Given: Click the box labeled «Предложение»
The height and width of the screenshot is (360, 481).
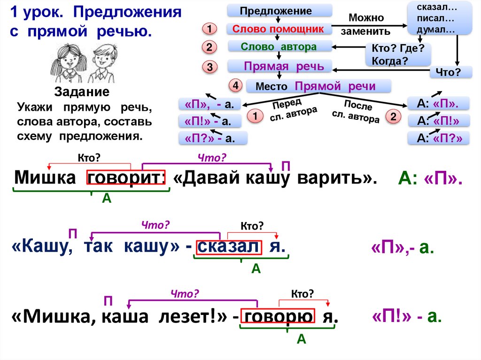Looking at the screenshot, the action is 279,10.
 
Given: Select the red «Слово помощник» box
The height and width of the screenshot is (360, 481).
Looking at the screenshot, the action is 279,29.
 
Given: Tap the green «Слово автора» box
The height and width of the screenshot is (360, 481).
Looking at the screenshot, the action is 279,46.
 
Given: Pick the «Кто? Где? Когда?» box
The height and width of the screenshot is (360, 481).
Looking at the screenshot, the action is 397,54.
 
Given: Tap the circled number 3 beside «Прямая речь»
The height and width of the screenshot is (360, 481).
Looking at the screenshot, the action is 210,68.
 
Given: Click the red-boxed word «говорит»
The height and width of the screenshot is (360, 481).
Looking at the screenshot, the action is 126,179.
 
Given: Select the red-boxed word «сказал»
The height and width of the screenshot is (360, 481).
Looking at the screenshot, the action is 227,247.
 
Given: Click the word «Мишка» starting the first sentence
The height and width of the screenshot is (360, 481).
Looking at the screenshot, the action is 45,179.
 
